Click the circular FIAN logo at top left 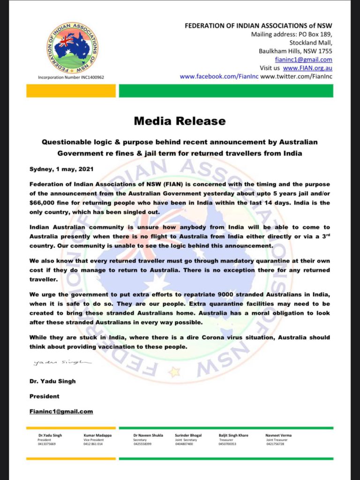point(73,47)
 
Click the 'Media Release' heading point(180,121)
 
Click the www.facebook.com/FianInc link point(219,76)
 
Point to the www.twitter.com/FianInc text point(296,76)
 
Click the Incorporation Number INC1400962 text point(71,77)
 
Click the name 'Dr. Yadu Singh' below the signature point(52,381)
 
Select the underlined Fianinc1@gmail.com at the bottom point(61,412)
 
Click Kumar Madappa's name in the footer point(97,435)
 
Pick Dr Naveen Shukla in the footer point(148,435)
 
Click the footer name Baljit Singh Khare point(233,435)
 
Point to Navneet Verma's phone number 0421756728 point(275,444)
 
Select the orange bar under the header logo point(71,90)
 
